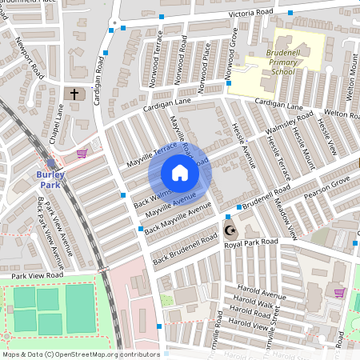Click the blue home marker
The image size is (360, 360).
[179, 173]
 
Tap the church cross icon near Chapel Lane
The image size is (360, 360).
[75, 94]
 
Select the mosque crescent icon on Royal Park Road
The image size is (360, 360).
[231, 231]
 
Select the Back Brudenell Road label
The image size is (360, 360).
[185, 249]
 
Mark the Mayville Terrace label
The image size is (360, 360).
[151, 157]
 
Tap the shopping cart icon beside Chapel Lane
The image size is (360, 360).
[81, 153]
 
